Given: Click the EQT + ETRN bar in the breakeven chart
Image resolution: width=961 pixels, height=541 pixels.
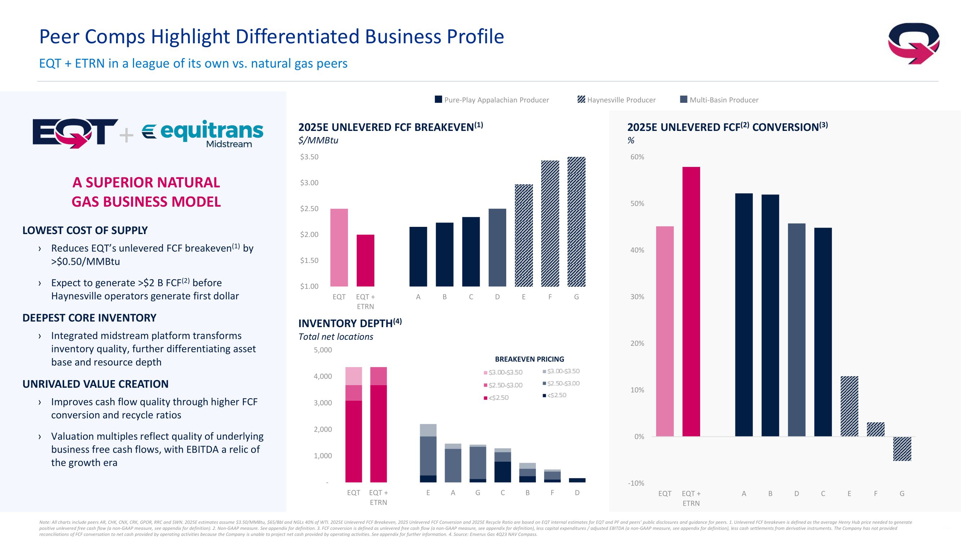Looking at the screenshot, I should [x=365, y=260].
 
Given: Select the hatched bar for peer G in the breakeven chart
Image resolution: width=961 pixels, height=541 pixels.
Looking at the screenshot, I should [x=577, y=221].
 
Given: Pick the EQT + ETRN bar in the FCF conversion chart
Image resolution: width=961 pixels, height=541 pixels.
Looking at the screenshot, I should [x=691, y=301].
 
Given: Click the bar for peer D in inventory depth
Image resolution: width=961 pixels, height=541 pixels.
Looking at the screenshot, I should [x=577, y=480].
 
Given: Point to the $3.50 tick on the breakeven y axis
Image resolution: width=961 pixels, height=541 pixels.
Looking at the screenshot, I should [x=309, y=157].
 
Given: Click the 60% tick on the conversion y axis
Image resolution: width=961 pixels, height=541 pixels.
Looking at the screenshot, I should [x=637, y=157].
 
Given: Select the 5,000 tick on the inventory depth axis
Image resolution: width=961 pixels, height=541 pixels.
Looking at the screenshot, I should [x=323, y=350].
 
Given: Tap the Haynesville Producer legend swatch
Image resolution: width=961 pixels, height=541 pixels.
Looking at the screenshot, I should [x=581, y=99].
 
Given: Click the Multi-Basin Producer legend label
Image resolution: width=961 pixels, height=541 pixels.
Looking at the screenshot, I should [x=724, y=100].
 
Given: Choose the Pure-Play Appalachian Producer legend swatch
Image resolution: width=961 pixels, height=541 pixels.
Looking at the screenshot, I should [x=439, y=99].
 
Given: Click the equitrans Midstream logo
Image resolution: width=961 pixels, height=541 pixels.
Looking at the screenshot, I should [x=203, y=134].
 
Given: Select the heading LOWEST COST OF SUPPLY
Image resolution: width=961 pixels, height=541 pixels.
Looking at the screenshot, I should [x=85, y=230].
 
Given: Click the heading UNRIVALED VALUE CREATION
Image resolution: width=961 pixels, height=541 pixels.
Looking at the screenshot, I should [x=95, y=384].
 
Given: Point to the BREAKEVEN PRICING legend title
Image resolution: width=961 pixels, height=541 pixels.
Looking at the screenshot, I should [x=529, y=359].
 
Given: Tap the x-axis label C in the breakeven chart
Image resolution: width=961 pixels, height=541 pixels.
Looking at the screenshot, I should [x=471, y=297].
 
